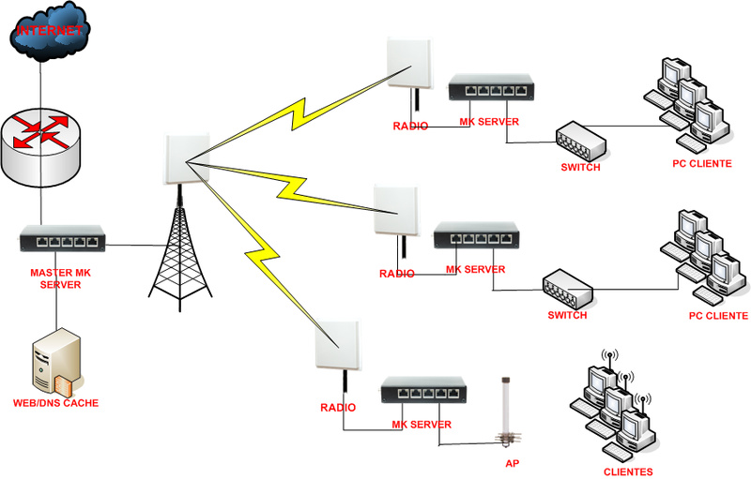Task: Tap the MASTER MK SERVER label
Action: pos(62,278)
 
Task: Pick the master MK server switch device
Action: pos(62,241)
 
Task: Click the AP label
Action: pos(512,463)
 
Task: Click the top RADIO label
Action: pos(411,126)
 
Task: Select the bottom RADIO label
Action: pos(338,408)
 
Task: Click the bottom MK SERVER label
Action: pos(421,425)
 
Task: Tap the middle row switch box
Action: pos(569,288)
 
